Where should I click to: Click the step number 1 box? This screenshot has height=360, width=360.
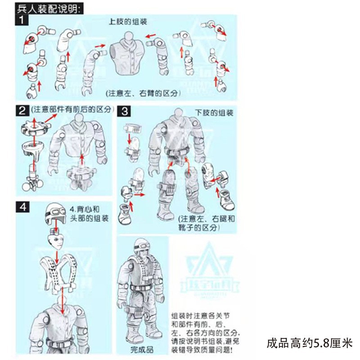pos(23,20)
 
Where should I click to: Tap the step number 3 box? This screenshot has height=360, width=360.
pos(125,111)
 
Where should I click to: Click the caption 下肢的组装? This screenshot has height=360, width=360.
pos(214,111)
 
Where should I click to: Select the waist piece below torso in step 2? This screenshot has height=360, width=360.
pos(82,175)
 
